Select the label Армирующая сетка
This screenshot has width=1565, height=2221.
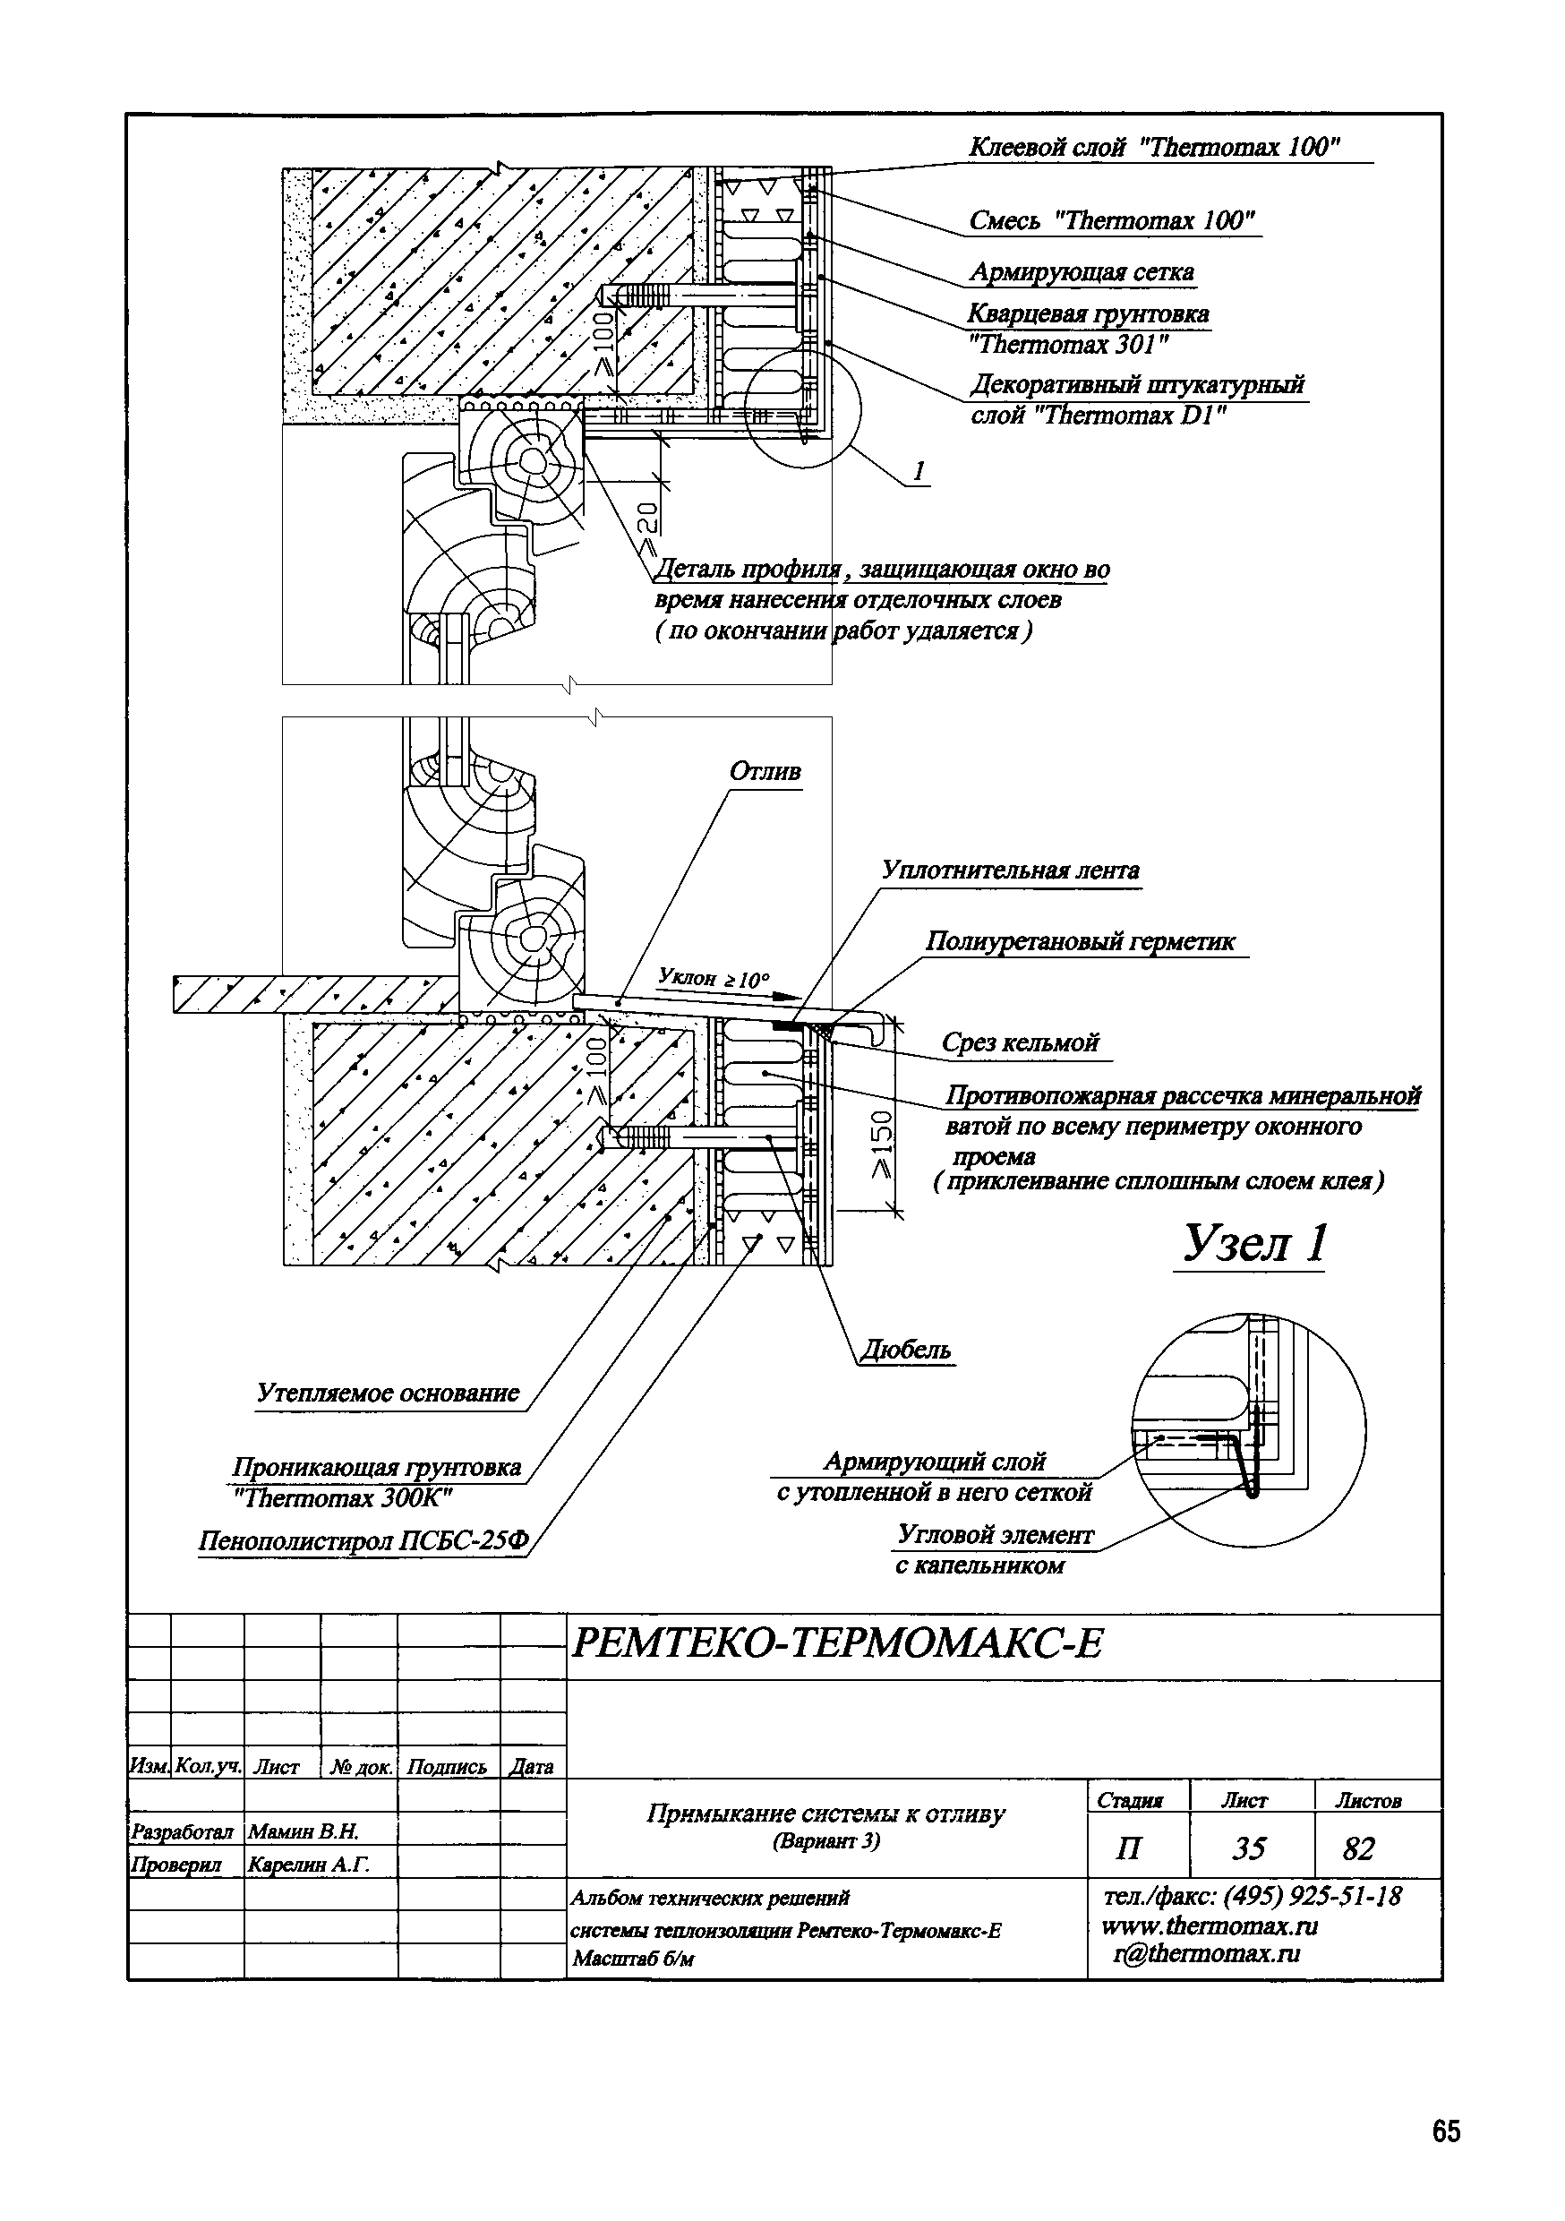pyautogui.click(x=1082, y=272)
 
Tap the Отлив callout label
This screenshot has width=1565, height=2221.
pyautogui.click(x=765, y=772)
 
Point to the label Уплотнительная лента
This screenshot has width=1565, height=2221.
pyautogui.click(x=1010, y=870)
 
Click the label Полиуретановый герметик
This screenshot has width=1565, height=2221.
pyautogui.click(x=1081, y=941)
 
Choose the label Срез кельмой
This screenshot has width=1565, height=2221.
pyautogui.click(x=1021, y=1042)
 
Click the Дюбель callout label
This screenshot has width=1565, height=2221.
pyautogui.click(x=905, y=1350)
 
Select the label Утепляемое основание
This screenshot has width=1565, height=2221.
pyautogui.click(x=388, y=1393)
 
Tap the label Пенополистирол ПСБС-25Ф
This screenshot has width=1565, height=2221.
pyautogui.click(x=363, y=1540)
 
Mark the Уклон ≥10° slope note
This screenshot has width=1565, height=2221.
pyautogui.click(x=714, y=978)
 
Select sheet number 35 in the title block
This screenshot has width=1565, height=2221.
pyautogui.click(x=1249, y=1848)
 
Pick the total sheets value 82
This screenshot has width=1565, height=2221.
pyautogui.click(x=1358, y=1848)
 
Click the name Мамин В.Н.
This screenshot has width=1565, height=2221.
pyautogui.click(x=304, y=1831)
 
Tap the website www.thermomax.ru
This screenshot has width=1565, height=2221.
pyautogui.click(x=1210, y=1926)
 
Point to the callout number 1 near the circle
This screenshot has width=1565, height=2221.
pyautogui.click(x=919, y=471)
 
